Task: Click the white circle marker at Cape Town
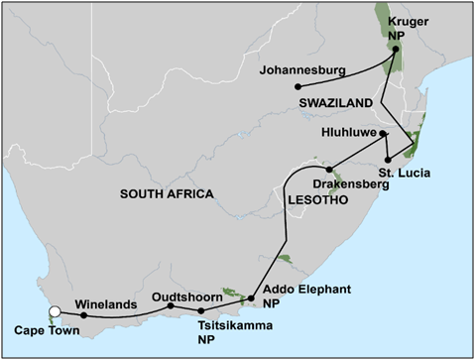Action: tap(56, 312)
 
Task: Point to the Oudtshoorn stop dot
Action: tap(171, 305)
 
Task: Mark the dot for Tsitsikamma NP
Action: tap(201, 310)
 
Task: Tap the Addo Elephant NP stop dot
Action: tap(250, 299)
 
